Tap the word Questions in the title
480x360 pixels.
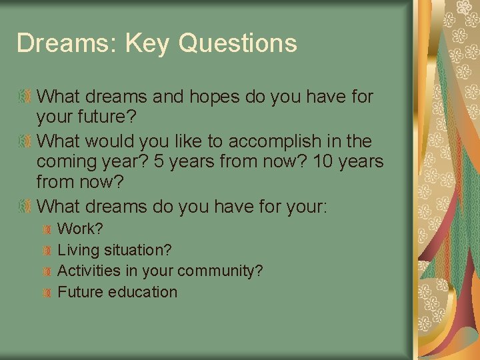tap(238, 44)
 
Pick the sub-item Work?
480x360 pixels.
tap(81, 229)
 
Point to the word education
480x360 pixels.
tap(145, 292)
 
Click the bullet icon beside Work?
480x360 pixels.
tap(47, 229)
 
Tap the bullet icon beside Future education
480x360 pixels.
tap(47, 293)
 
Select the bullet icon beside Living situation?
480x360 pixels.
tap(47, 251)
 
